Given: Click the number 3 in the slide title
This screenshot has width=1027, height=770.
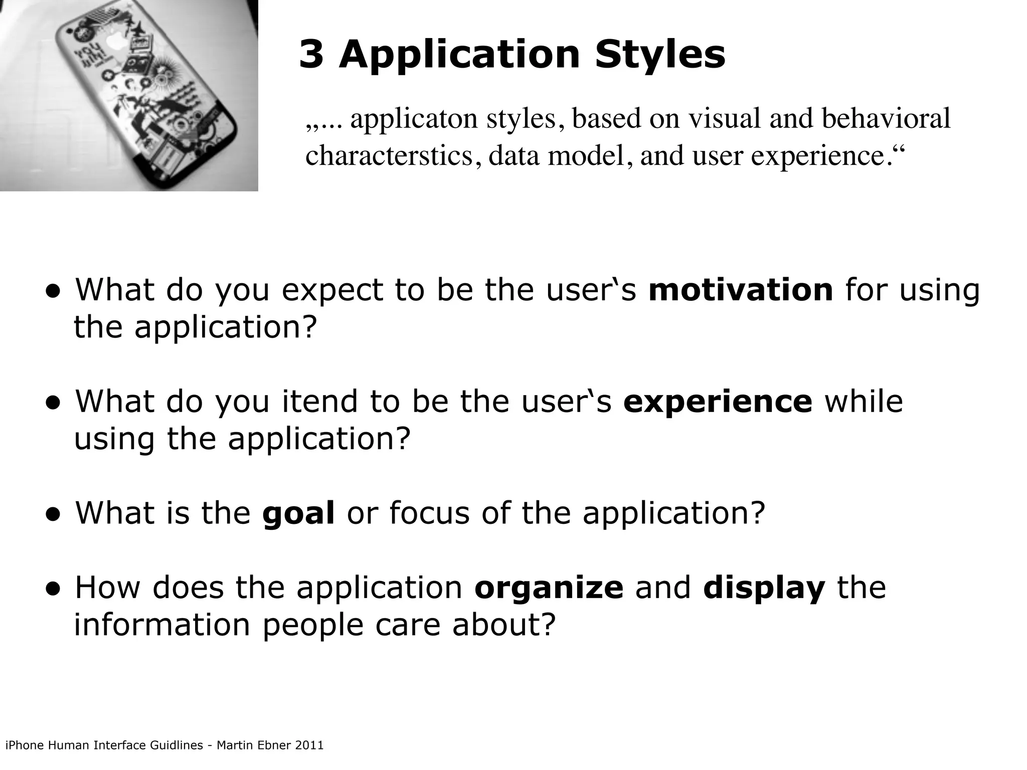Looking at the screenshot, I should pyautogui.click(x=311, y=55).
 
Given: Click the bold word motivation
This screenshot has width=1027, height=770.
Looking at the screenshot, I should pyautogui.click(x=741, y=290).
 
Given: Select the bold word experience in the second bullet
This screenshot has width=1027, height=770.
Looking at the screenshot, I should pyautogui.click(x=717, y=402).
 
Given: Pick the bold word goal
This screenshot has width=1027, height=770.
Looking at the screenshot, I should pyautogui.click(x=298, y=514).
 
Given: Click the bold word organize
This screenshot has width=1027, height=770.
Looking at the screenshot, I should pyautogui.click(x=549, y=588).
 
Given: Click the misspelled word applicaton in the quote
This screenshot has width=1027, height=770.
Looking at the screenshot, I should pyautogui.click(x=414, y=119).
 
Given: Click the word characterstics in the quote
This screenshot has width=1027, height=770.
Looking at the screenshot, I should pyautogui.click(x=389, y=156).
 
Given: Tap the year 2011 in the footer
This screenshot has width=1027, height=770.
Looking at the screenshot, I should pyautogui.click(x=309, y=745).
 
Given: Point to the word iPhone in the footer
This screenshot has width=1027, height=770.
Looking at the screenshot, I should pyautogui.click(x=24, y=745).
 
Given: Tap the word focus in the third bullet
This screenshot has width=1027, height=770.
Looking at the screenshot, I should pyautogui.click(x=429, y=513).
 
